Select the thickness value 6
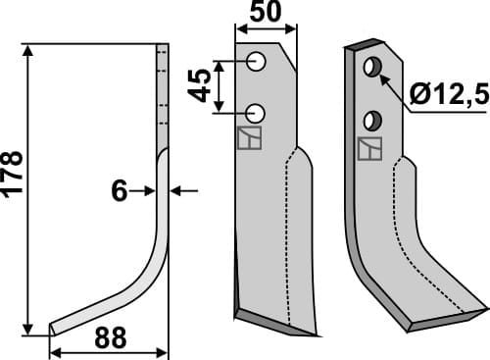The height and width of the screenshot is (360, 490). coord(120,192)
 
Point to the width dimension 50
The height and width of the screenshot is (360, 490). coord(266,14)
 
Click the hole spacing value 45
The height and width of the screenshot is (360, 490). coord(199,86)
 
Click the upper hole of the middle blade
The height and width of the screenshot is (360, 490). coord(258,62)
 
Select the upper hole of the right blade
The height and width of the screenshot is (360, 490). coord(372,68)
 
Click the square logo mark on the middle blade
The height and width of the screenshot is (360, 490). coord(250,138)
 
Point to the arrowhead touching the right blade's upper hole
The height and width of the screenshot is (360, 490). coord(381,74)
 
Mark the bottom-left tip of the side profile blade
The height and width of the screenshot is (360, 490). coord(51,329)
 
